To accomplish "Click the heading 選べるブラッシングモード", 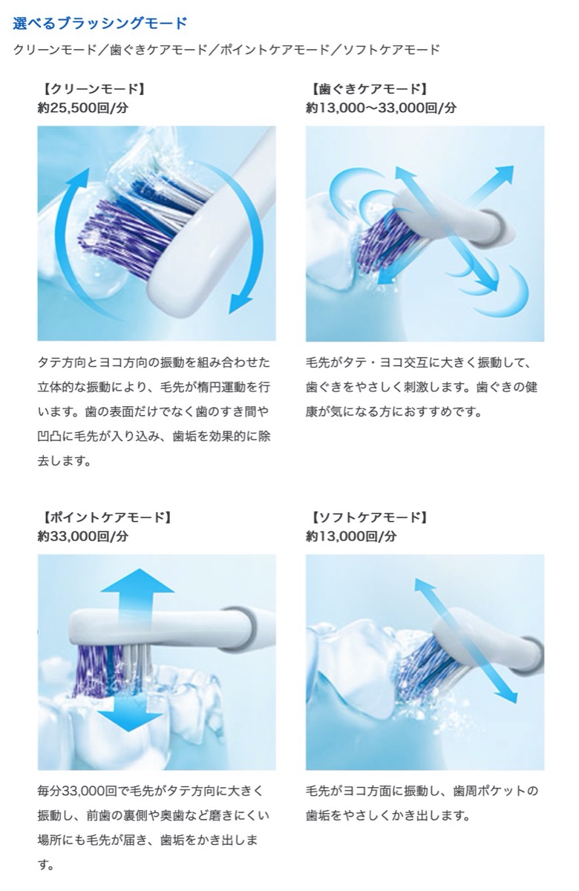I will [x=100, y=23].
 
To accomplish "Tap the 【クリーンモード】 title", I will [x=91, y=89].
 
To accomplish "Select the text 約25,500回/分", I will [x=83, y=108].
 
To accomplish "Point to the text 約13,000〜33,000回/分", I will [x=381, y=108].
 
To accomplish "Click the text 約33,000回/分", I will [x=83, y=535].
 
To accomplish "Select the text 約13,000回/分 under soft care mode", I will [x=351, y=535].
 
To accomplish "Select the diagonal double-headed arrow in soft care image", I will [x=465, y=640].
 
